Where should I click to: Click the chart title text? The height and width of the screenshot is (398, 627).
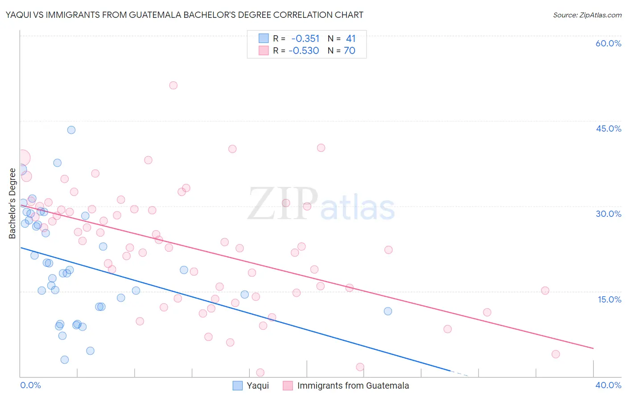pos(184,15)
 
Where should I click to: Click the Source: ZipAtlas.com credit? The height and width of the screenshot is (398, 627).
pos(587,15)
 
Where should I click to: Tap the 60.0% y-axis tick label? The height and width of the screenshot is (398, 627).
pos(608,43)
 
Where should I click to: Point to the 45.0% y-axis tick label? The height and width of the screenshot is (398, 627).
pos(608,129)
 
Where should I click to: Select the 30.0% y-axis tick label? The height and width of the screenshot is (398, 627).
pos(608,214)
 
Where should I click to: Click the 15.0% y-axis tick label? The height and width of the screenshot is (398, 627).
pos(609,299)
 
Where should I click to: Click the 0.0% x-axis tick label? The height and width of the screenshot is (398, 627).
pos(30,385)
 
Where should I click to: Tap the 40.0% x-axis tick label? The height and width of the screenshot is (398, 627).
pos(608,385)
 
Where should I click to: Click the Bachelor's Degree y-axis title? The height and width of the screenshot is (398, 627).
pos(12,203)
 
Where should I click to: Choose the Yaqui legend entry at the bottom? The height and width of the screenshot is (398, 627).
pos(258,386)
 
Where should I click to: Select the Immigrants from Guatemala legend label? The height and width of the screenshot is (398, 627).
pos(353,386)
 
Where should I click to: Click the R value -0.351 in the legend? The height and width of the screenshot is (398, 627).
pos(305,39)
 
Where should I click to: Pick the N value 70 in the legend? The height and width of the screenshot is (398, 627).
pos(350,51)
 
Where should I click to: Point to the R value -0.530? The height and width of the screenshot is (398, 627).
pos(304,51)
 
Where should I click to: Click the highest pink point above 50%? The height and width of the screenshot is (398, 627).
pos(173,85)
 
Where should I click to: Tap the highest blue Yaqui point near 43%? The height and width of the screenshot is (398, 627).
pos(71,130)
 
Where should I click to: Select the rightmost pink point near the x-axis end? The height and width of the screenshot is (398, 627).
pos(556,354)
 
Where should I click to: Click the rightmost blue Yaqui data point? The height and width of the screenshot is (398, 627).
pos(388,311)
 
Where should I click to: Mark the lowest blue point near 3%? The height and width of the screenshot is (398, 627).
pos(65,360)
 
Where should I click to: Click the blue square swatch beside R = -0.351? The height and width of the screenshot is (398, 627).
pos(264,38)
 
